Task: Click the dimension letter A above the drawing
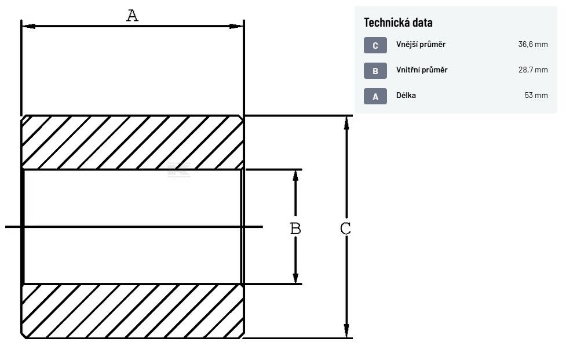(x=133, y=16)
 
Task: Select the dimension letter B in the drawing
(x=295, y=228)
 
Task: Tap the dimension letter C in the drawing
(x=345, y=228)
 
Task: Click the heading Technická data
(x=398, y=23)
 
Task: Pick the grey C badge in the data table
(x=375, y=45)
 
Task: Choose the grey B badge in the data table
(x=375, y=71)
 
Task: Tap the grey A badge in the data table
(x=375, y=96)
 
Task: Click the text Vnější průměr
(x=421, y=45)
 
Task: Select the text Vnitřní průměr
(x=422, y=70)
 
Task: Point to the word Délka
(x=406, y=95)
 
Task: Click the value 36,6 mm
(x=532, y=45)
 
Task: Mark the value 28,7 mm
(x=532, y=70)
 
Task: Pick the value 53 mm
(x=536, y=95)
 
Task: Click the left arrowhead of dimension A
(x=28, y=26)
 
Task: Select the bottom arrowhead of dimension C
(x=346, y=332)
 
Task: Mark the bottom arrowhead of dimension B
(x=295, y=277)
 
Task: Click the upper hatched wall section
(x=132, y=143)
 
